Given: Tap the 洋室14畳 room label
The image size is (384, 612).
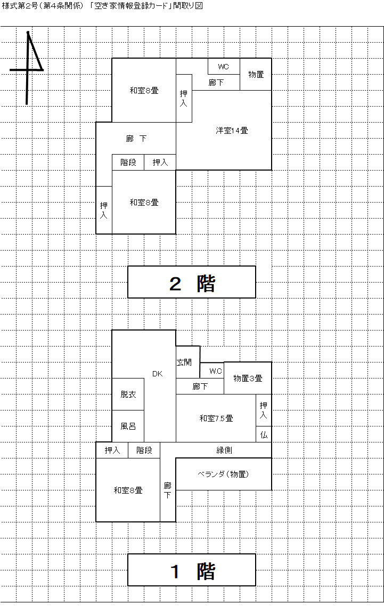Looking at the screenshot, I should [232, 130].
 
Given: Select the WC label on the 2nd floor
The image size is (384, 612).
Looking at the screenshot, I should [223, 67].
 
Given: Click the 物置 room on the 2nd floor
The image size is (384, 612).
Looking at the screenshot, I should [256, 75].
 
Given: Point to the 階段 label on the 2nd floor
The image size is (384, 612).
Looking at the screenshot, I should [128, 163].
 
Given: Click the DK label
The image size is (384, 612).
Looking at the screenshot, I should [157, 374].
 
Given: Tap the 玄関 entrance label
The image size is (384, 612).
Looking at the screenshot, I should [184, 362].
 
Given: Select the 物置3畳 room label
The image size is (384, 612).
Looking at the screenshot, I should [248, 379].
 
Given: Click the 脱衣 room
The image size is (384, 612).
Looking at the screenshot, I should [128, 394].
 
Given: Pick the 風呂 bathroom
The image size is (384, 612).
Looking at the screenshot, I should [128, 426].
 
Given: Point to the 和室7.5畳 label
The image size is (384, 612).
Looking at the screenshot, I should [216, 418].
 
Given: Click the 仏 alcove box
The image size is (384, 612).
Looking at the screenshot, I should [264, 434].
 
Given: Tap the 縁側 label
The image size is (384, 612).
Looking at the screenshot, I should [224, 450].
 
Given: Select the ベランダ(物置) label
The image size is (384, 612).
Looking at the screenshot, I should [224, 474].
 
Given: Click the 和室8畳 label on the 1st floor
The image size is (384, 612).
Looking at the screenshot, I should [128, 490].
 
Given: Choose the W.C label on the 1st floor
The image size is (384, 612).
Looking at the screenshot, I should [216, 371].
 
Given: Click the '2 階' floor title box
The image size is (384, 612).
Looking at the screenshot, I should [192, 282].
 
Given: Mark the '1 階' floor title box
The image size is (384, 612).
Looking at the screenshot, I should [192, 570].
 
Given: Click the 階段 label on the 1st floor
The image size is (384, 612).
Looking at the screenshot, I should [144, 450].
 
